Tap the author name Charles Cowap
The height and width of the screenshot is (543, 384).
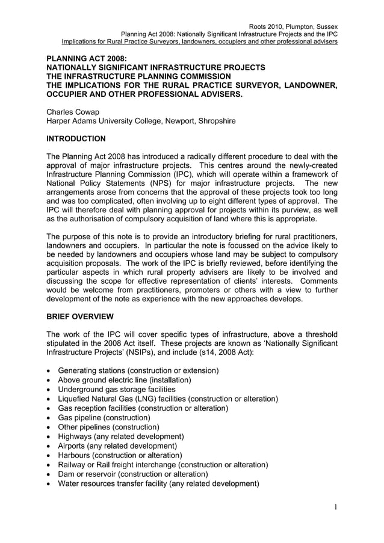click(x=75, y=111)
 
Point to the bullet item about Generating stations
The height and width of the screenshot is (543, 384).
click(x=138, y=370)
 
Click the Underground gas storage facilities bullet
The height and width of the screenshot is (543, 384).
click(x=117, y=390)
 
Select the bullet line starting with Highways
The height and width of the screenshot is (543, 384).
click(x=120, y=437)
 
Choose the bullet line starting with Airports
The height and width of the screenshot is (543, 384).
click(x=117, y=446)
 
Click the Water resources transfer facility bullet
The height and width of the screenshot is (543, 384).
click(x=158, y=483)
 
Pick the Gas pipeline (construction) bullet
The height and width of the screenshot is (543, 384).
click(x=104, y=417)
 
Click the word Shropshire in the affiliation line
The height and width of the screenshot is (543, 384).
click(x=215, y=121)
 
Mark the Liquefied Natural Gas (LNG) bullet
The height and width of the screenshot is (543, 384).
click(x=167, y=399)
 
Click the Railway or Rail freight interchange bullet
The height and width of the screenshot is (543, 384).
click(x=163, y=465)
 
